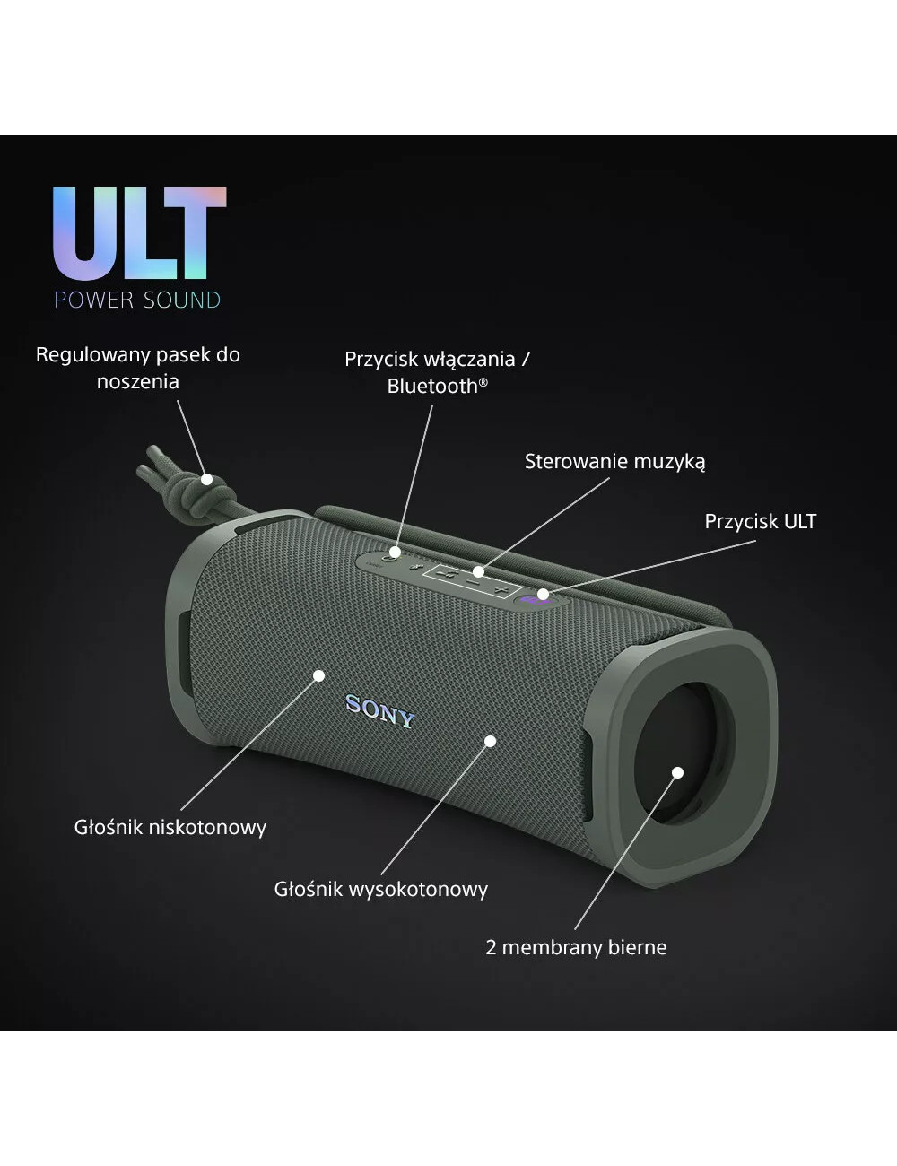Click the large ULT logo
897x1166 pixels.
point(140,233)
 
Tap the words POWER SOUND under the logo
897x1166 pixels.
point(137,300)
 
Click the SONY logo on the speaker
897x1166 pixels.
point(380,711)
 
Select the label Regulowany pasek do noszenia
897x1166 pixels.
point(138,368)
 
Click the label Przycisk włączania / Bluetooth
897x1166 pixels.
point(437,372)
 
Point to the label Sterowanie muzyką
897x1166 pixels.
point(614,462)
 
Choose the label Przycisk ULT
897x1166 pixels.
point(760,522)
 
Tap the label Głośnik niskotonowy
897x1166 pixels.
point(170,828)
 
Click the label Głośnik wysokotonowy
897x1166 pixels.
point(381,889)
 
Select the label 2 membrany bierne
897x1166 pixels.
point(576,947)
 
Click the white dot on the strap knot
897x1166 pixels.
point(207,479)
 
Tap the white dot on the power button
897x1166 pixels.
point(395,552)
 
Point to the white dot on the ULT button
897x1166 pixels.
point(543,594)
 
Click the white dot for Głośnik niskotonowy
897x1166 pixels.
point(319,675)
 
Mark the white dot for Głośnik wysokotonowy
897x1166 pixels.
point(490,741)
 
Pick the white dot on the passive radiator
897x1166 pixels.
point(677,772)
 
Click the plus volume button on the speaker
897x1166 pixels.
point(500,590)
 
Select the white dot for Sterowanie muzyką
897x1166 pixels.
point(478,571)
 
